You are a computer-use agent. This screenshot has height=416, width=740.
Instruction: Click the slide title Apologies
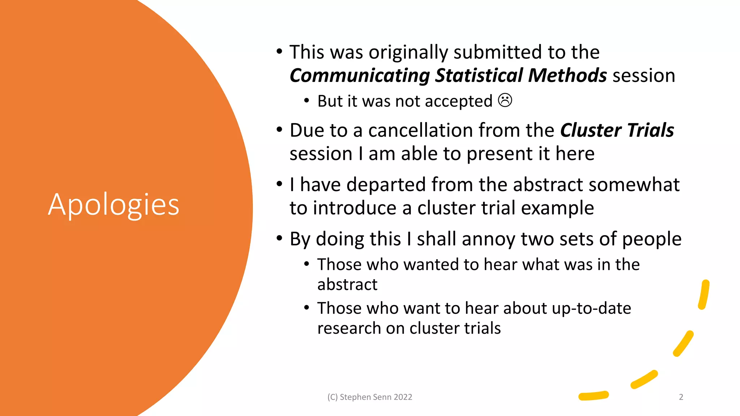coord(113,205)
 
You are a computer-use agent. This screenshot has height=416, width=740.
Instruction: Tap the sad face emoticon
coord(505,100)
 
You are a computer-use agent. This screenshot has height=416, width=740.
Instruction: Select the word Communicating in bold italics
coord(360,75)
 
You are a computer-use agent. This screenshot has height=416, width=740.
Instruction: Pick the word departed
coord(386,185)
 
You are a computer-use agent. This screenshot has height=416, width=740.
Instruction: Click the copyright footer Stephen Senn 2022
coord(370,397)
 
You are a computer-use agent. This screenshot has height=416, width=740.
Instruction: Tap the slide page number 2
coord(681,397)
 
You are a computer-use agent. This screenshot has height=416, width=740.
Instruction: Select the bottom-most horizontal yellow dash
coord(594,396)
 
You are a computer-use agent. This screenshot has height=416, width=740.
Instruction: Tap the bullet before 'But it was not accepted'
coord(306,100)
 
